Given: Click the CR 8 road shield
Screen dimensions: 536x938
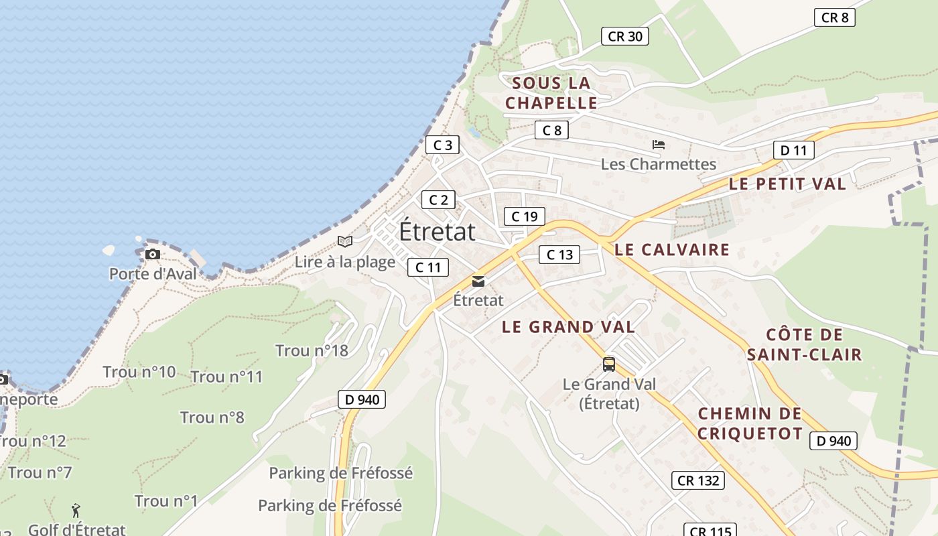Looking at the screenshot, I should point(835,17).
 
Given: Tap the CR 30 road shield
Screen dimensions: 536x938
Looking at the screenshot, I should point(624,36).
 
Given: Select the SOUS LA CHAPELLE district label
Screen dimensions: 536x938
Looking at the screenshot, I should point(551,93).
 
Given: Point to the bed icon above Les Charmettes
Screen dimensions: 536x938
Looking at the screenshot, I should point(659,145).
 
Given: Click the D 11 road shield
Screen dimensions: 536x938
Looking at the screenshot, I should point(793,150).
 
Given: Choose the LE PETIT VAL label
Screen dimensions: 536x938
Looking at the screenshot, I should point(787,184).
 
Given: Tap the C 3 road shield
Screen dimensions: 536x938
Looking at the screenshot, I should point(443,145).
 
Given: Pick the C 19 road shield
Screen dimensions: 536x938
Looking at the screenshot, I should point(524,216).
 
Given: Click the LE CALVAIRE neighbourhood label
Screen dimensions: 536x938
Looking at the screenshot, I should point(672,250).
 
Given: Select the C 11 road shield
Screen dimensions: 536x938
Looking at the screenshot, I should point(427,267).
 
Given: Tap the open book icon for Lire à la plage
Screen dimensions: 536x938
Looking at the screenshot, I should point(345,241).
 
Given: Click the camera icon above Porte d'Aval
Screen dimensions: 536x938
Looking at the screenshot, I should point(153,255).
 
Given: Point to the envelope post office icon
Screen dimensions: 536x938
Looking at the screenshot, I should point(478,281).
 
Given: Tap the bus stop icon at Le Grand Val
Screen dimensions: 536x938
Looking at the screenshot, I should point(608,364).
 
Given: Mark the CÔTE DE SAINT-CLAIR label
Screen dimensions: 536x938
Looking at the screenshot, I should point(804,344).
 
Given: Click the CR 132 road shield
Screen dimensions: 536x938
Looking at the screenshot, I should point(697,480).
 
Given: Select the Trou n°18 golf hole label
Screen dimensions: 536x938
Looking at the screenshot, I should point(312,350).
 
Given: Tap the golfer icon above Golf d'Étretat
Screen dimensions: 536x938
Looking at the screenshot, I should point(76,511).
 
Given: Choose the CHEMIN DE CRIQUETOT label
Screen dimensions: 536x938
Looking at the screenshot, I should point(750,423).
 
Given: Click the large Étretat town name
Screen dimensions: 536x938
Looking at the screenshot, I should point(437,232).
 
